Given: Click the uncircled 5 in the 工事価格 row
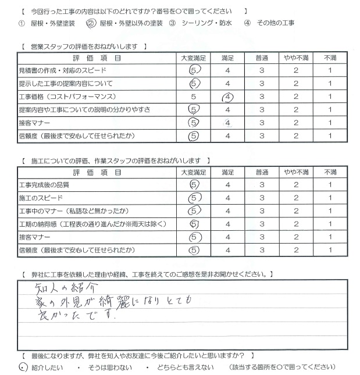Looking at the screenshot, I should [194, 97].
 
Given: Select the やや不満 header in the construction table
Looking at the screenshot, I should [295, 172].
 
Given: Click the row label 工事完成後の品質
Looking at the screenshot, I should [44, 185].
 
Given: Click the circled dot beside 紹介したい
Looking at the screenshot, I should [22, 367].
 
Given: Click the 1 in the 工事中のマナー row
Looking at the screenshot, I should [330, 211].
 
